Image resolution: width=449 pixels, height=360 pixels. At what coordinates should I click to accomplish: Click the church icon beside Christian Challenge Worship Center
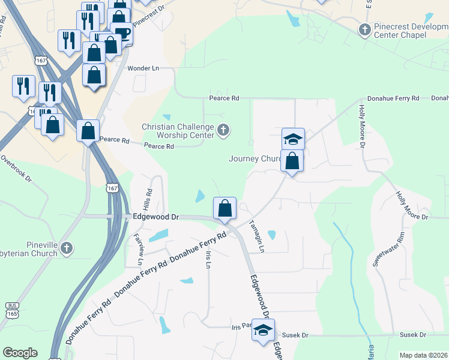[223, 130]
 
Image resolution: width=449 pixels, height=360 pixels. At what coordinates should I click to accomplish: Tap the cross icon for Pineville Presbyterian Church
[67, 247]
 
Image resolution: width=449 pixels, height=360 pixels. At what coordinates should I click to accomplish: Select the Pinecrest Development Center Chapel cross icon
[364, 29]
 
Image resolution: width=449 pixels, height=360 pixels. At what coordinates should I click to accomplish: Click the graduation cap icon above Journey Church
[293, 139]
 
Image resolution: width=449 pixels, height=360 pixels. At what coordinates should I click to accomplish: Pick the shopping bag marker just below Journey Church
[292, 161]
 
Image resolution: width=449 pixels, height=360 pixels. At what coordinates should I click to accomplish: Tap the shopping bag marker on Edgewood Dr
[224, 209]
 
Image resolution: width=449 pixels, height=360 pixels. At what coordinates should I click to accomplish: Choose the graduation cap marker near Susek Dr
[262, 331]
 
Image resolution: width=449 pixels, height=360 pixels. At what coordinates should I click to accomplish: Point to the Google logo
[20, 353]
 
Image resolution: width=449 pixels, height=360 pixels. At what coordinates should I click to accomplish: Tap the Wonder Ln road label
[142, 68]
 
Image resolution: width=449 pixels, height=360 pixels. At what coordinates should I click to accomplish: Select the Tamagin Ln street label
[256, 235]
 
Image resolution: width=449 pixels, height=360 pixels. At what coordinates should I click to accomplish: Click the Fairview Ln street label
[137, 250]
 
